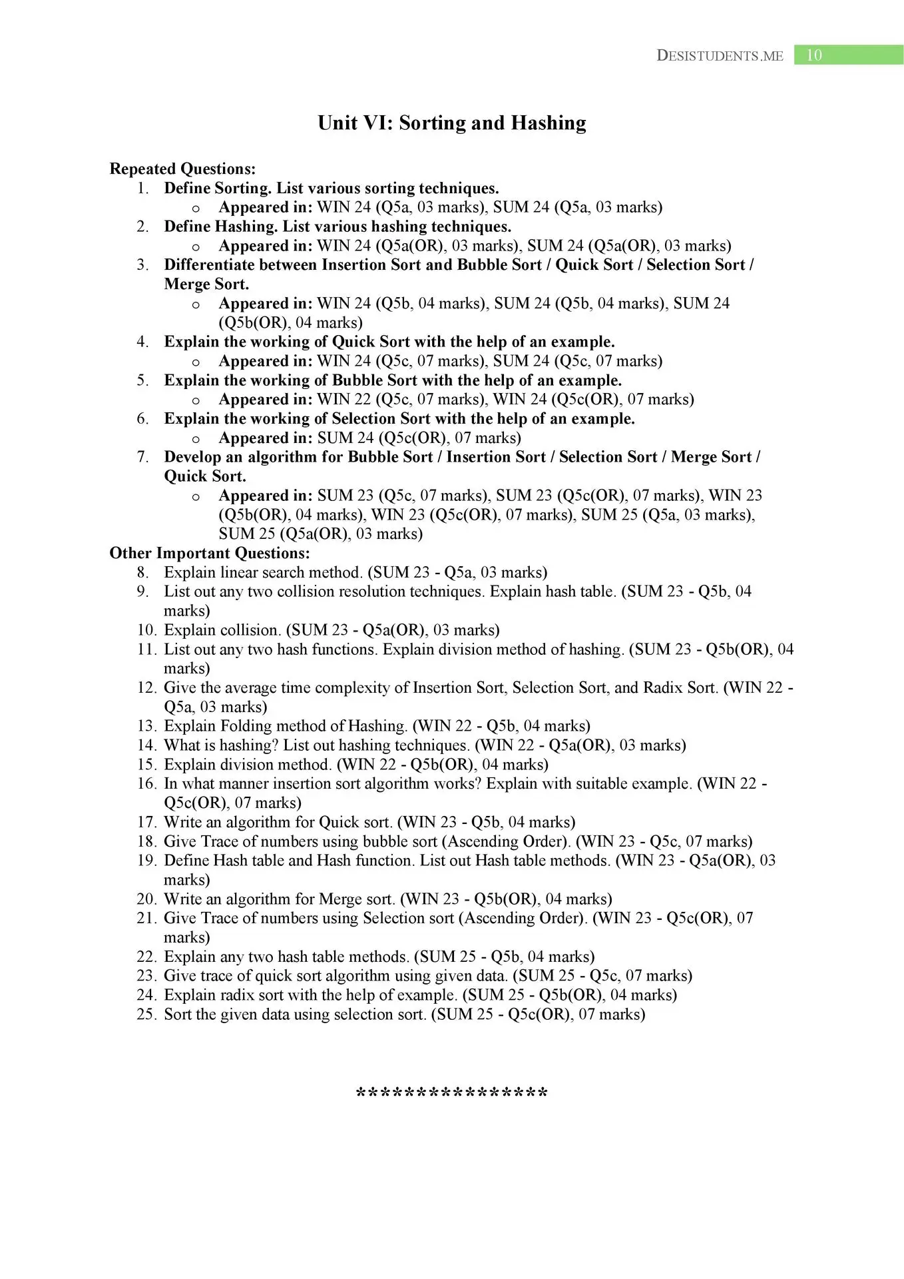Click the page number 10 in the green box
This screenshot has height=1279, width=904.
click(x=814, y=55)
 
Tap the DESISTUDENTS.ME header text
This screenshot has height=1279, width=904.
click(x=720, y=56)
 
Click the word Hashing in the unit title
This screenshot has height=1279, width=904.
click(x=549, y=123)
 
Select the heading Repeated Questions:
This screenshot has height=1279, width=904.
click(x=182, y=169)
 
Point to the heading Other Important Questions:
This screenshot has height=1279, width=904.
click(x=210, y=554)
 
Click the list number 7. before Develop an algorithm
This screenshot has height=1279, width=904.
click(x=142, y=457)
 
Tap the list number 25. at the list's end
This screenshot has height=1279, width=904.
click(x=146, y=1015)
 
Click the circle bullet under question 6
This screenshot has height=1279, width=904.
click(x=196, y=439)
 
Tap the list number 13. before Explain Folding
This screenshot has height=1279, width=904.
click(x=146, y=726)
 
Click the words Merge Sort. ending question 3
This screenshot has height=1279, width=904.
click(x=206, y=284)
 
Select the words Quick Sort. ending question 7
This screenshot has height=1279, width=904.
click(x=205, y=476)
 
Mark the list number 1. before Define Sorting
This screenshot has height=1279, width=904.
click(x=142, y=189)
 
